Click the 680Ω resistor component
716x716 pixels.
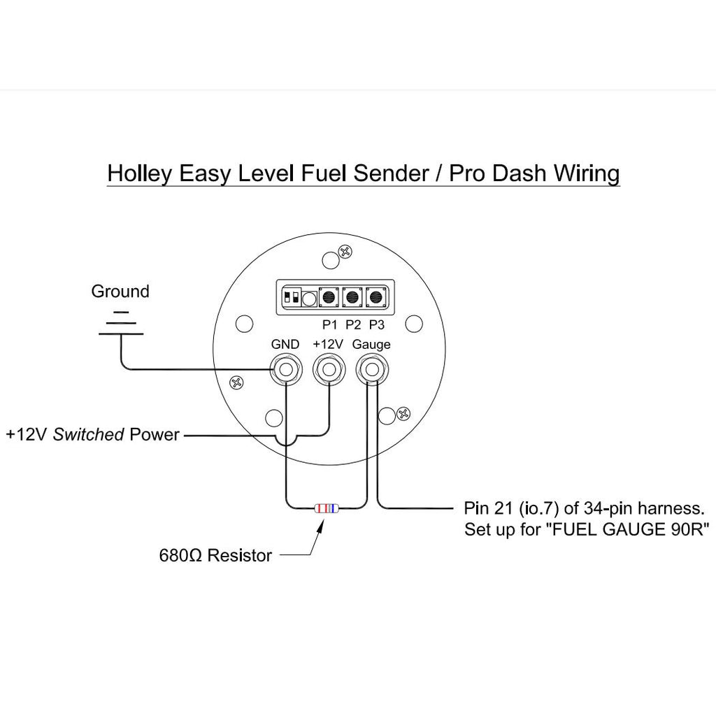(x=327, y=508)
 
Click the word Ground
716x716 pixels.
(x=120, y=292)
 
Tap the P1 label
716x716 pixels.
(x=329, y=324)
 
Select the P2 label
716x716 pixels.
(x=353, y=324)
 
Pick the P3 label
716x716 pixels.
(x=376, y=324)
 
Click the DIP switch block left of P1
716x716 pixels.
(x=291, y=297)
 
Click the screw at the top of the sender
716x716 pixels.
(x=344, y=252)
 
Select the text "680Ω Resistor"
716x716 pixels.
(x=215, y=556)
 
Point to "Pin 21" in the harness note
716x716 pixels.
(x=485, y=507)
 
